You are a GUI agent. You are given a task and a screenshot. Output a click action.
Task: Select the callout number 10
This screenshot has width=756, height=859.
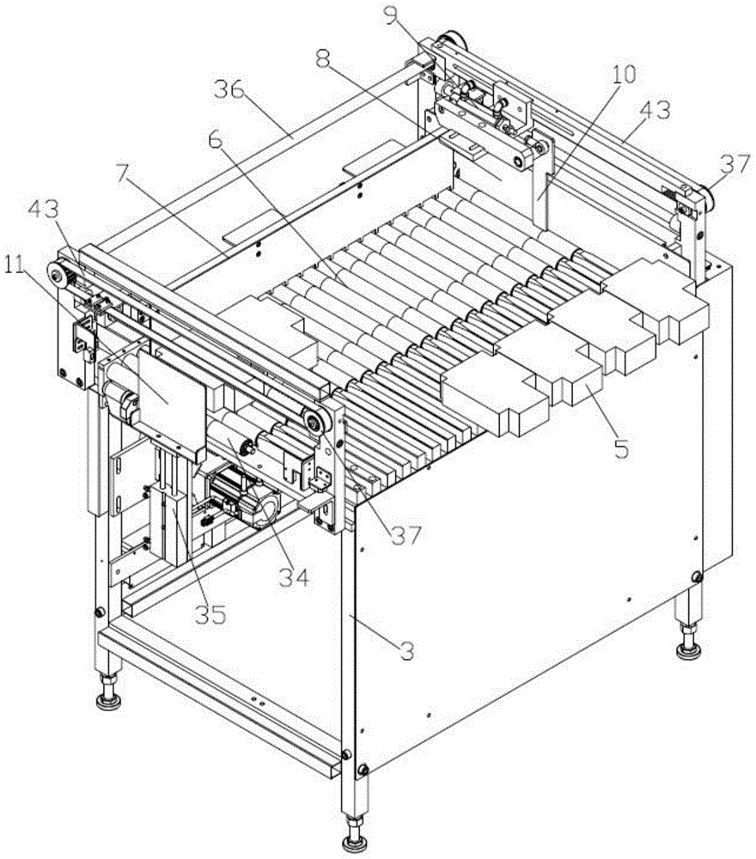click(623, 74)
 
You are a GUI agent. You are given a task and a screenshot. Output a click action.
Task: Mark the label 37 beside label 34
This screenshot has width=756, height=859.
click(406, 536)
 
